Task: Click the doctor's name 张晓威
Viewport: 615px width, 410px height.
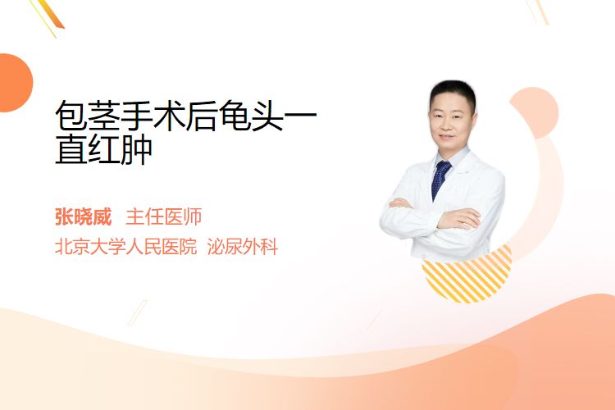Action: [x=84, y=217]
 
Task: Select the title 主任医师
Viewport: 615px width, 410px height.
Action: [x=163, y=217]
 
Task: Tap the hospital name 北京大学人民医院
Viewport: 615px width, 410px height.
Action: [x=126, y=247]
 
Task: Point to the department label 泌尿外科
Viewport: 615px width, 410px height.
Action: [x=243, y=247]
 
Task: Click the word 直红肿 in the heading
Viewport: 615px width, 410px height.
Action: [x=103, y=149]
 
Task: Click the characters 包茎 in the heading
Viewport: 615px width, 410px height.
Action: [x=87, y=116]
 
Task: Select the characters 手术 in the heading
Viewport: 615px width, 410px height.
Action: [x=153, y=116]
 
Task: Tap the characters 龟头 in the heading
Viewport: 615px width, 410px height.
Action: [x=251, y=116]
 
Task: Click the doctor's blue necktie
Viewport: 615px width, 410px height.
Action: [x=440, y=180]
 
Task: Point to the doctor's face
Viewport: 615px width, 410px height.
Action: [x=452, y=121]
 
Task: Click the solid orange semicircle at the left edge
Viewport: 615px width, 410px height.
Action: [x=15, y=83]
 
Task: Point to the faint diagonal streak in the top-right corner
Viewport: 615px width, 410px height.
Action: [x=539, y=11]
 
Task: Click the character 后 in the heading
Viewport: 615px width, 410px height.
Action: [x=201, y=116]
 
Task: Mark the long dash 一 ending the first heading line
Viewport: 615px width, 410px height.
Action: [x=299, y=115]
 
